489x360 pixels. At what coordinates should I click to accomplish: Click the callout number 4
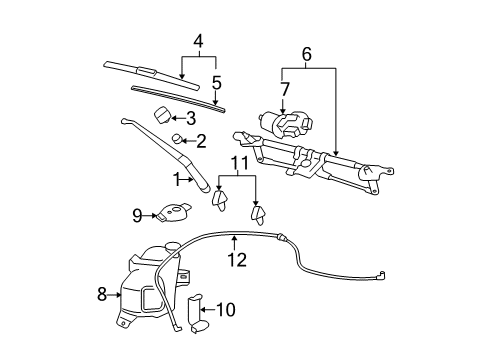pos(199,41)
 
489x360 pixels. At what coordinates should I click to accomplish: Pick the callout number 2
pos(201,141)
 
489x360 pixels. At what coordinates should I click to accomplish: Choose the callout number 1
pos(178,180)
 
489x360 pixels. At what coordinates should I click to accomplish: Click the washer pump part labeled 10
pos(197,311)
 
